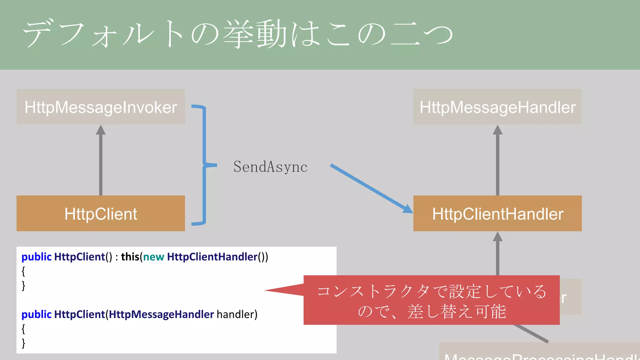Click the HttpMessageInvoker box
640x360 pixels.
101,107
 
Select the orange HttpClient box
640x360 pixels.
101,213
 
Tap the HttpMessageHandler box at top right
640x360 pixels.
497,107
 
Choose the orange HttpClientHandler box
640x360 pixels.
497,213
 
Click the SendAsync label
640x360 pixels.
270,167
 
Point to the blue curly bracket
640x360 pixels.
204,165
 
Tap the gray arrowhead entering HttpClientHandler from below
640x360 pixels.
497,237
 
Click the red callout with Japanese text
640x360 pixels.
431,300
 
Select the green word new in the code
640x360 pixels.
153,257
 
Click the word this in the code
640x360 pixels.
130,257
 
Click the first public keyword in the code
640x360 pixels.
36,257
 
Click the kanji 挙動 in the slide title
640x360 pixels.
255,34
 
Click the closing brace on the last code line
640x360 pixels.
23,343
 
